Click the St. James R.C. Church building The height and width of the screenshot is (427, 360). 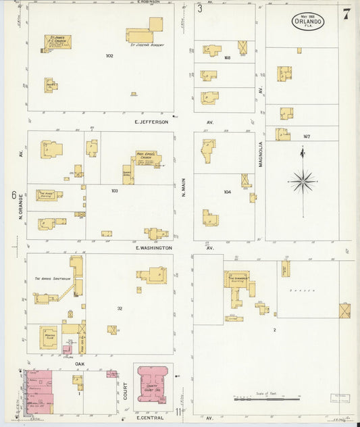[57, 41]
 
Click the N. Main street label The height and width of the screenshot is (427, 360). [184, 187]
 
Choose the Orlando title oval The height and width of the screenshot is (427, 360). [307, 21]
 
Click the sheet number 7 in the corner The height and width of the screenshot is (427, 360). [346, 14]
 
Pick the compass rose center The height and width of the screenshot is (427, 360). [303, 181]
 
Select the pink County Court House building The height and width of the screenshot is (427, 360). [153, 383]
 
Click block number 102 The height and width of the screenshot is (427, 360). [109, 55]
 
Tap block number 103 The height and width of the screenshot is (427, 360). [115, 191]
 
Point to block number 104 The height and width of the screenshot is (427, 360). [227, 192]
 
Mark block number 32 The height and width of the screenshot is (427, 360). [120, 308]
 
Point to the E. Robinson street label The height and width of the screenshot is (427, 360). [148, 2]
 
